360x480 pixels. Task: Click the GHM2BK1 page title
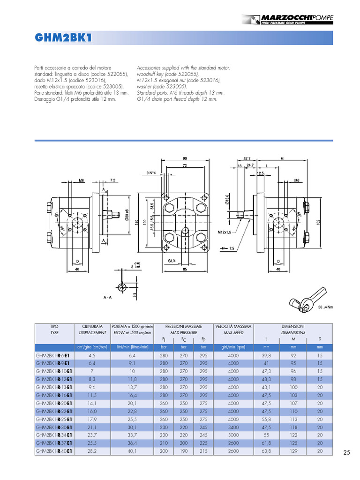62,38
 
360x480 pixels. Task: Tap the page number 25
346,452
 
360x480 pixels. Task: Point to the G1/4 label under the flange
172,261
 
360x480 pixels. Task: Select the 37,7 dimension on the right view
247,158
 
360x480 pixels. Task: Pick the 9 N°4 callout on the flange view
150,173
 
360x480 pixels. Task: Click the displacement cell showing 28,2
92,451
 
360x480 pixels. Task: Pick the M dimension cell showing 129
293,451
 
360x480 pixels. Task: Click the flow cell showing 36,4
132,443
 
